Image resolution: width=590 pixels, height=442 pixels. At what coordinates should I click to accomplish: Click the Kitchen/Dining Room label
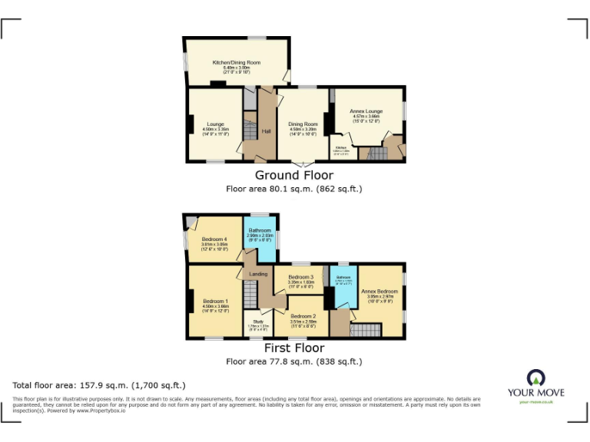point(237,62)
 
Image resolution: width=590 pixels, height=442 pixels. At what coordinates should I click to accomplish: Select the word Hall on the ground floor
point(266,131)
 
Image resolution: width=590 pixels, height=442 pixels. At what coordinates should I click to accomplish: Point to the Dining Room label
point(303,124)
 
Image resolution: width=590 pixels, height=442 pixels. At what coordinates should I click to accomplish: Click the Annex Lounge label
point(365,111)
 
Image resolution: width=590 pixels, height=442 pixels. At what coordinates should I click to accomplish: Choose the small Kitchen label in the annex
point(340,147)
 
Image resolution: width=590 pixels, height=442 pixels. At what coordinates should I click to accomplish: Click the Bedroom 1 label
point(215,300)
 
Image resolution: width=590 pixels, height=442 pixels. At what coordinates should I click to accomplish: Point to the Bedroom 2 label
point(303,316)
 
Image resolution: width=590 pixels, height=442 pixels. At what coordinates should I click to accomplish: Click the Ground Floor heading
point(294,175)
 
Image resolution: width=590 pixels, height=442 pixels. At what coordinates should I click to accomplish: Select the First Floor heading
point(294,348)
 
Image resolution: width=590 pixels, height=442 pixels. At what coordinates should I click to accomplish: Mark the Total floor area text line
point(99,385)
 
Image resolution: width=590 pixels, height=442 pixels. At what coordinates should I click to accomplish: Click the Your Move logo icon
point(535,378)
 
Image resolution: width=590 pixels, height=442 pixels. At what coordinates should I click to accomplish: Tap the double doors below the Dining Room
point(303,163)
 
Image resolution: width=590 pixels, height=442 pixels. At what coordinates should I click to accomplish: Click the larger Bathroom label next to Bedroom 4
point(260,230)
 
